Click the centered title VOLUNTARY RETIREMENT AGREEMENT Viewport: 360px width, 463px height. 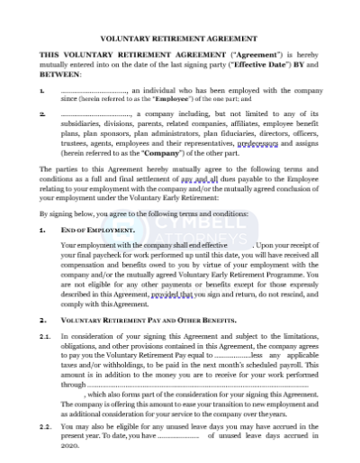coord(180,40)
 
